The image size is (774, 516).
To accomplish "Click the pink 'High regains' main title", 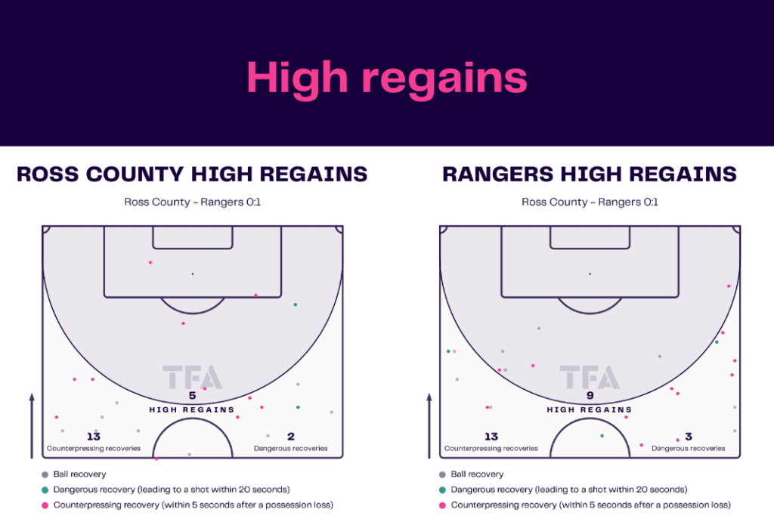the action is [386, 77].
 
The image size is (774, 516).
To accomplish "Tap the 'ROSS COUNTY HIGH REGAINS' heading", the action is [192, 175].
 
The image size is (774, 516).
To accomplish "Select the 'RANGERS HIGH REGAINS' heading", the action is [590, 175].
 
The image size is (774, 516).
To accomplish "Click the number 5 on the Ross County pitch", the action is [192, 395].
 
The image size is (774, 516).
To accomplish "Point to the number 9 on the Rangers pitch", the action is [590, 395].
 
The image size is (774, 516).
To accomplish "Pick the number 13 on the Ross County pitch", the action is [93, 437].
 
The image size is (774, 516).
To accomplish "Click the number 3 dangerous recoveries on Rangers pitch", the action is [688, 437].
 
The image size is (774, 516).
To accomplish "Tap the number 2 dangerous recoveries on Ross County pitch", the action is [290, 437].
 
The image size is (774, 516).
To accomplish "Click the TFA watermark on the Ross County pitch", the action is [192, 377].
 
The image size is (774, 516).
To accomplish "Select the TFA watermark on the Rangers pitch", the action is [590, 377].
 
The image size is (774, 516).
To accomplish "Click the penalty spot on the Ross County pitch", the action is [192, 273].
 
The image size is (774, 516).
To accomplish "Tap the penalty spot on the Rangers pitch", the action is [590, 273].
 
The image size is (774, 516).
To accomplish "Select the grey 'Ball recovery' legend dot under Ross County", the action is [45, 474].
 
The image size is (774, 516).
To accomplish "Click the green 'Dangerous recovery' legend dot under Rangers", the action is [442, 490].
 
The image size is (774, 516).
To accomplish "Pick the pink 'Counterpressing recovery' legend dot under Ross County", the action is [45, 505].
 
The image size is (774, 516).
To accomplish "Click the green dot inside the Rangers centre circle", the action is [602, 436].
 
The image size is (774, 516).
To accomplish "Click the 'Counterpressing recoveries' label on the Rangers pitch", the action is [491, 448].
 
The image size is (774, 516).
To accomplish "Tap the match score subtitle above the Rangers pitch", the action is [590, 202].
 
